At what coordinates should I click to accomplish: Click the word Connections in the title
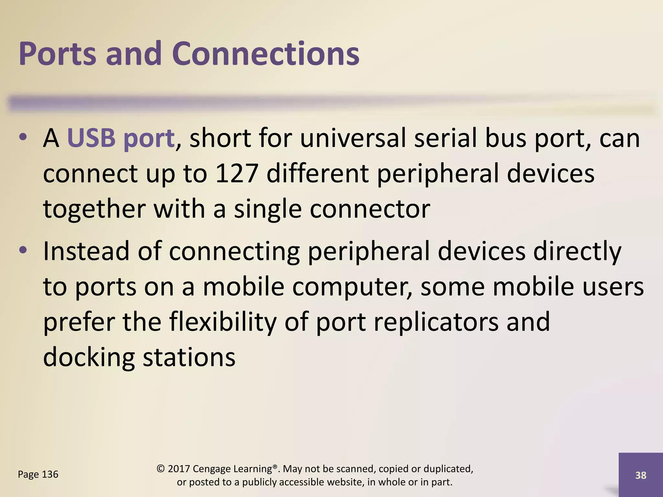266,53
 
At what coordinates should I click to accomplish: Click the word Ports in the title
57,53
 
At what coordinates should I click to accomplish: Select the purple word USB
91,138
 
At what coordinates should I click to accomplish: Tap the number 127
236,173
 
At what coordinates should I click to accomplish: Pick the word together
94,209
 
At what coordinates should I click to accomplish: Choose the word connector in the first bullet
370,209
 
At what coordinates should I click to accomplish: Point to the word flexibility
223,322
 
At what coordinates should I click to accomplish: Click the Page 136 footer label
38,474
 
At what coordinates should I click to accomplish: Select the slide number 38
641,475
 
